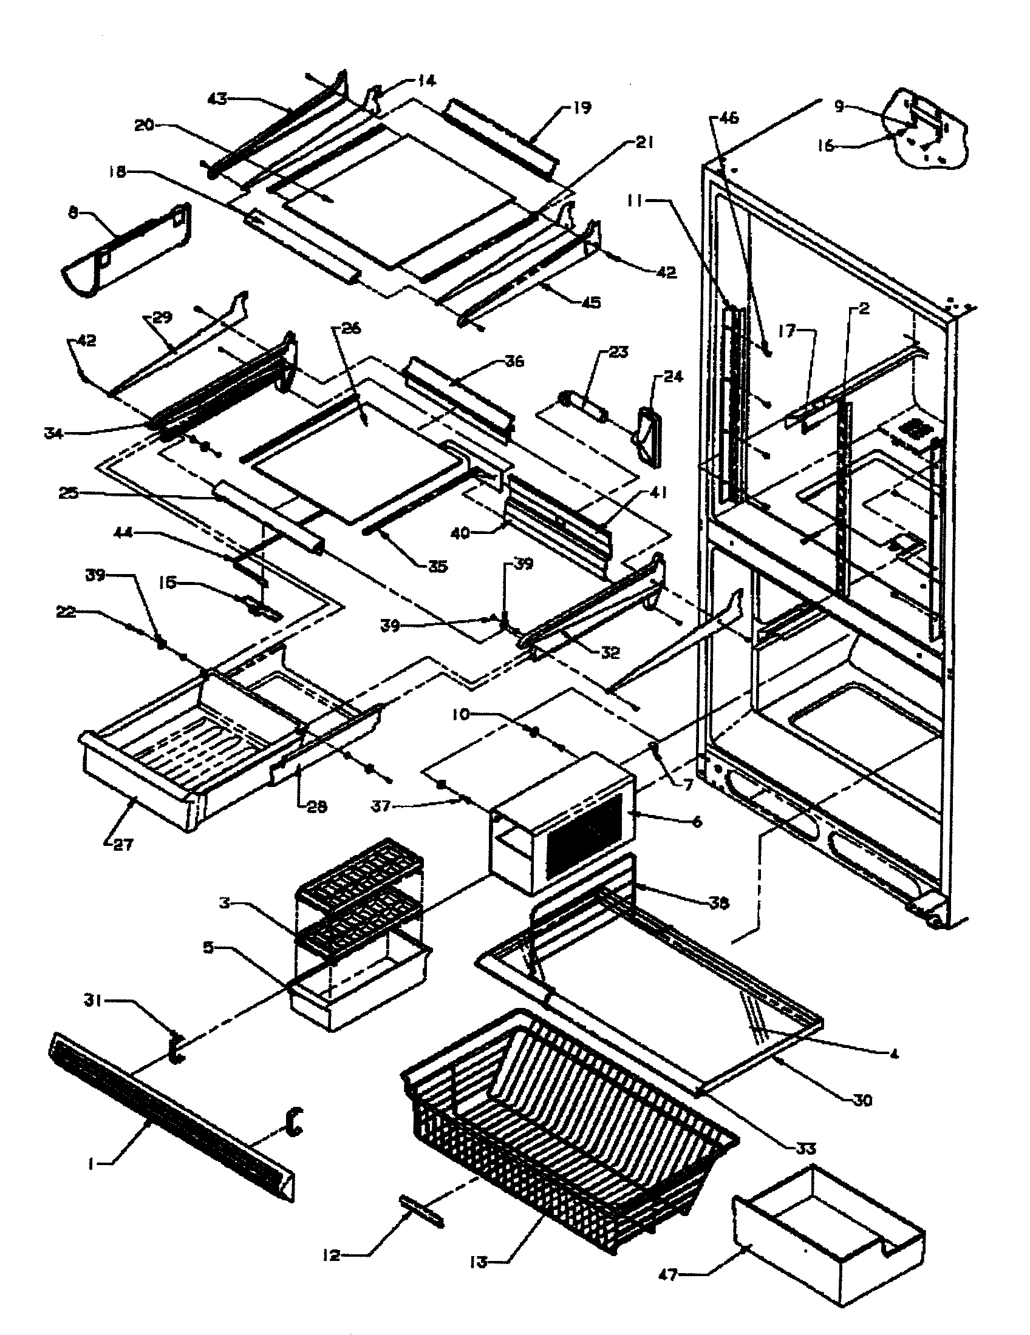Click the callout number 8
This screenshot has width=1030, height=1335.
[73, 215]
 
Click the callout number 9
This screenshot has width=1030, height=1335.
[840, 106]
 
